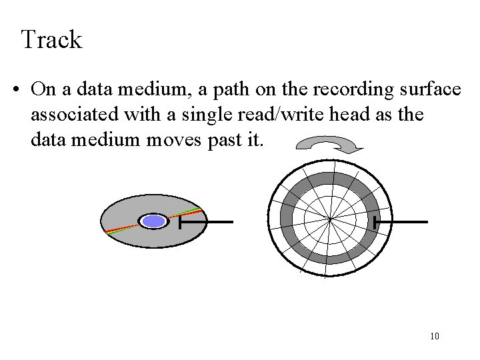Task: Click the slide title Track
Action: (51, 40)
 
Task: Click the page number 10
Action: (435, 336)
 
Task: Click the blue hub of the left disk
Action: (155, 222)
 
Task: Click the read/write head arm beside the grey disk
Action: (207, 221)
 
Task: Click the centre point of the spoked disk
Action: (330, 218)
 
